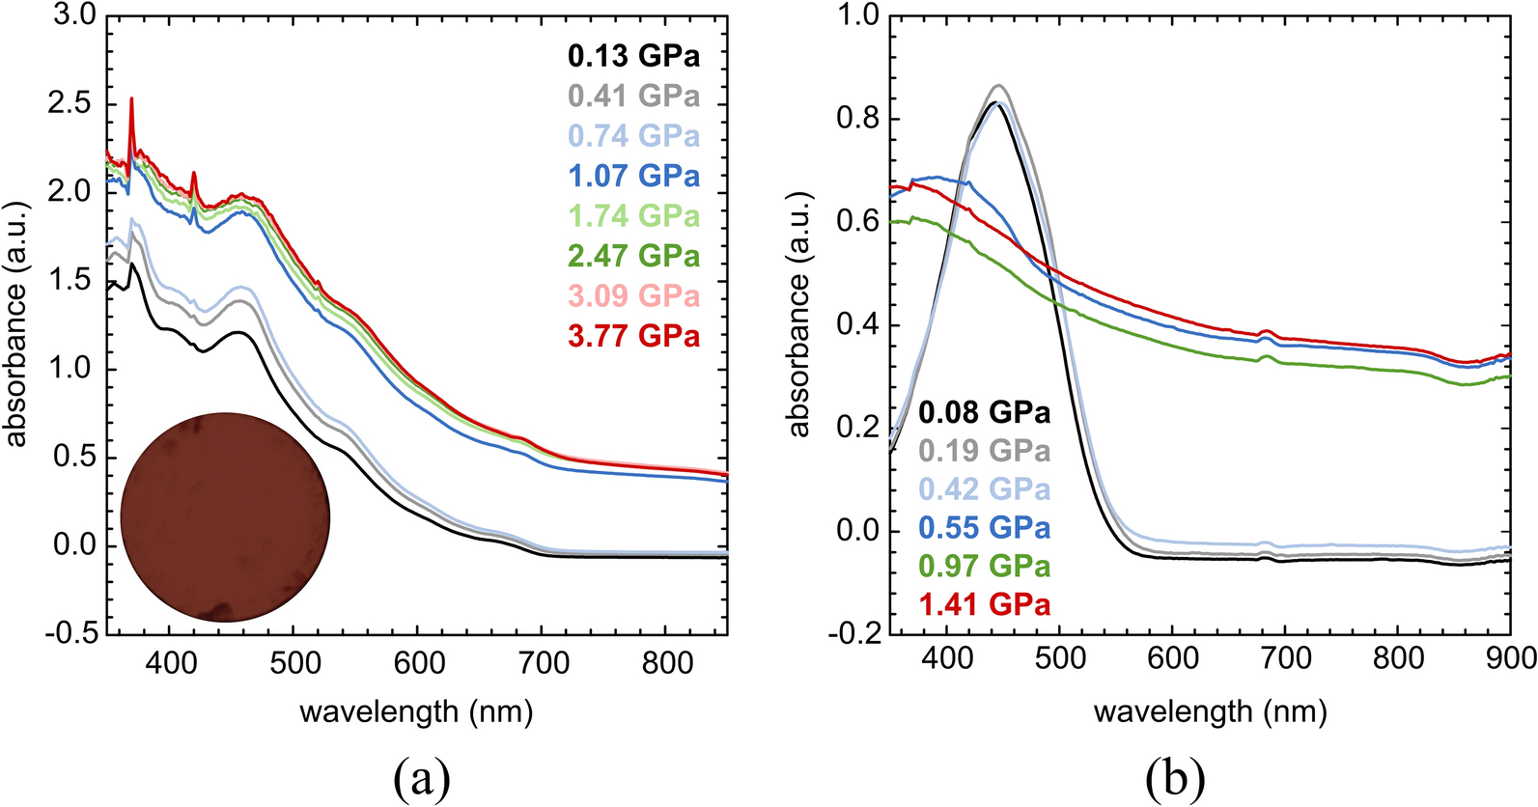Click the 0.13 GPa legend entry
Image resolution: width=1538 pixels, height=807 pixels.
coord(633,56)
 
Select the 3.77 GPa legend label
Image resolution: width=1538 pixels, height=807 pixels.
coord(633,336)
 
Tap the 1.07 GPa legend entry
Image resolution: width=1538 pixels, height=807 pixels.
coord(633,176)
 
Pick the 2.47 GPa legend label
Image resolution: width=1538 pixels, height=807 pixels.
coord(633,256)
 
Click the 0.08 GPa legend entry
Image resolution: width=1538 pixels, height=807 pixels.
coord(984,412)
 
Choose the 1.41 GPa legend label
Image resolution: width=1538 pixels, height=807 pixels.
coord(984,604)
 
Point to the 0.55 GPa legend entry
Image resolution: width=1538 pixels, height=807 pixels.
coord(984,528)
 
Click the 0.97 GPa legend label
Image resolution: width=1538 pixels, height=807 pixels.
coord(984,566)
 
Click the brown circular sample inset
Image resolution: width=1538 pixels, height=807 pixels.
coord(225,517)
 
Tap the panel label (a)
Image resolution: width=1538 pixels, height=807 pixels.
coord(422,777)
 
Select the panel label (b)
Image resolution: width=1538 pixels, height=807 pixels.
coord(1175,777)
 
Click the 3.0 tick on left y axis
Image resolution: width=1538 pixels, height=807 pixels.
coord(72,15)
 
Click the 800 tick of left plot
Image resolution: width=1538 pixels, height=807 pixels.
coord(666,663)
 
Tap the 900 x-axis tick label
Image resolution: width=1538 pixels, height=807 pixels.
coord(1509,657)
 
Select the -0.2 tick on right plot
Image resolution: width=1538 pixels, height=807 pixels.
coord(853,633)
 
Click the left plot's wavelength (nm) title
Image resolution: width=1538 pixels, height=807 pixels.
coord(416,712)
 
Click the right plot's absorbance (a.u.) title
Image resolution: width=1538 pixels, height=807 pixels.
coord(799,316)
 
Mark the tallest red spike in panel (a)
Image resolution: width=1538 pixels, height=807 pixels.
coord(131,98)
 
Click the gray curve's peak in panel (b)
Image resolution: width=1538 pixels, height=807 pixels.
coord(999,85)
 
